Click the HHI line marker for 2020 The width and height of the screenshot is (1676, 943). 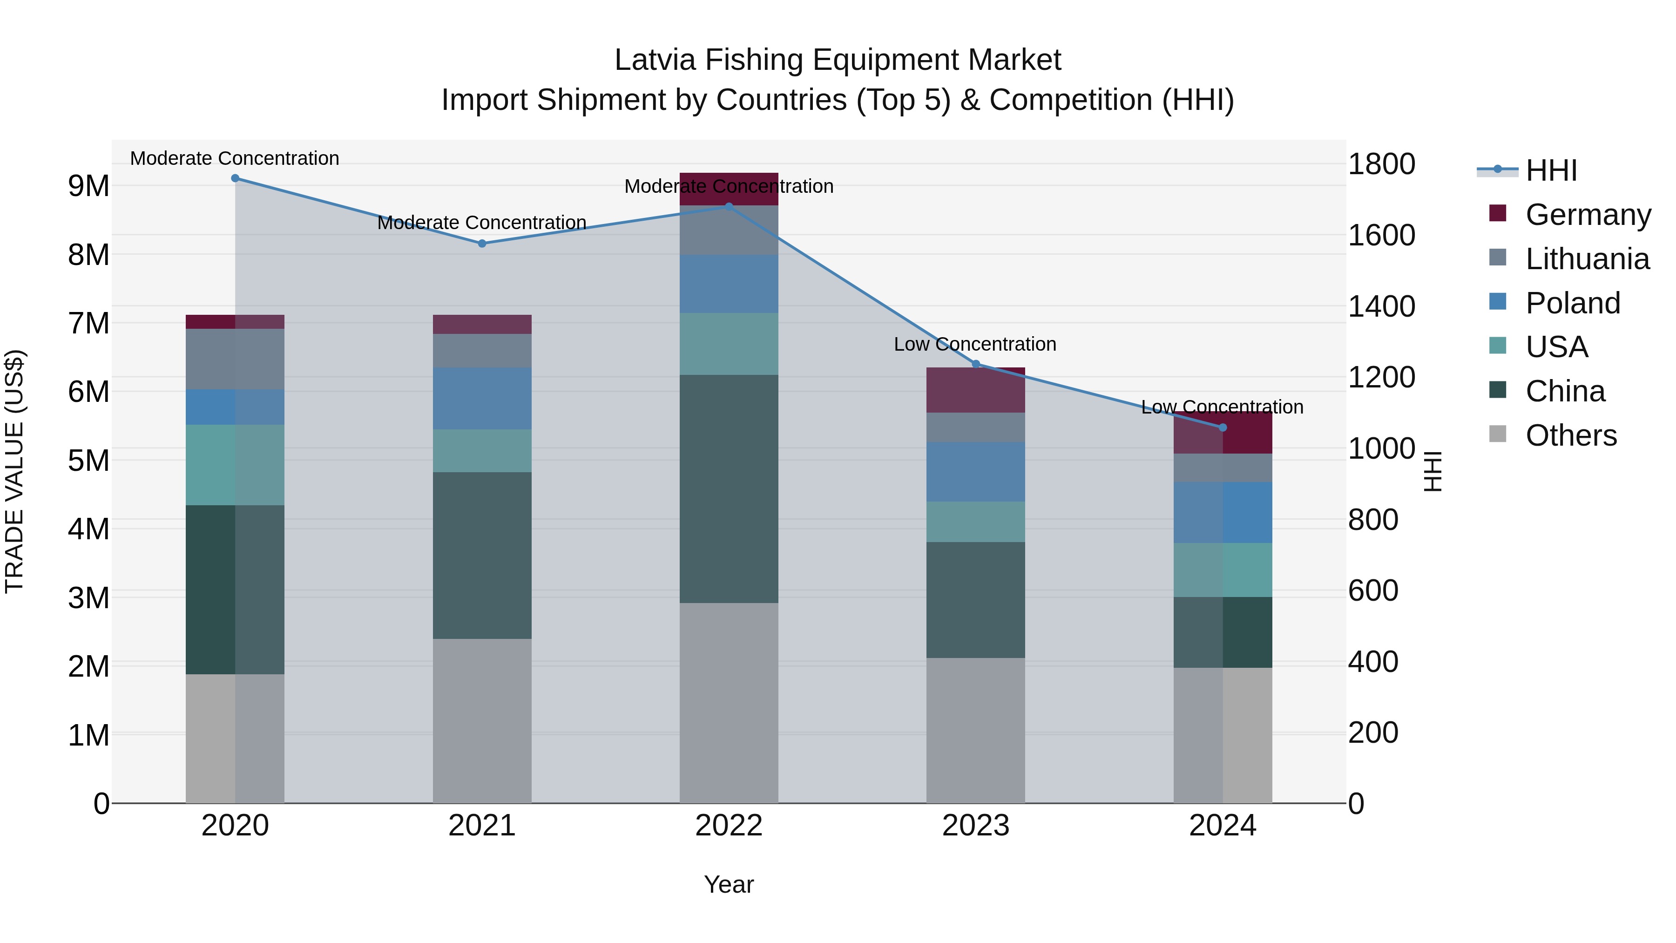click(x=235, y=178)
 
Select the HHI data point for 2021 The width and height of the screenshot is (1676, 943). click(x=482, y=244)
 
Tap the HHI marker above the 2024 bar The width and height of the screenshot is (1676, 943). click(x=1223, y=427)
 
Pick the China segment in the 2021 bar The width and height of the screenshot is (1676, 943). click(x=482, y=555)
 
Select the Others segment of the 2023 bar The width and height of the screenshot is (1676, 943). click(x=975, y=730)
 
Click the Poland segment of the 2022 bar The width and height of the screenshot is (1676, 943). click(x=729, y=284)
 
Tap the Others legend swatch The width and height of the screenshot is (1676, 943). click(x=1497, y=434)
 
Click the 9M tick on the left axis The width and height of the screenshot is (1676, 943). click(x=88, y=186)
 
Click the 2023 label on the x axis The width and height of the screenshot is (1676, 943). click(x=975, y=826)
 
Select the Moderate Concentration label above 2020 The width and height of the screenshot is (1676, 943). click(x=235, y=158)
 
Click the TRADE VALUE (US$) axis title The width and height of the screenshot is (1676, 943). click(x=14, y=471)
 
